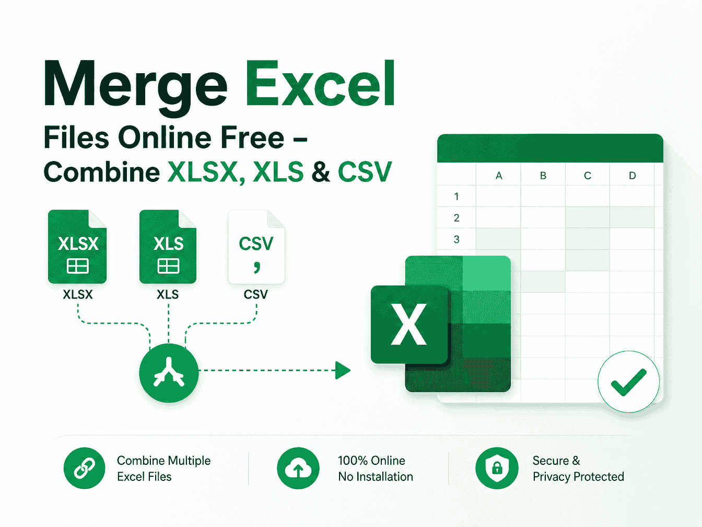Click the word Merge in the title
tap(136, 87)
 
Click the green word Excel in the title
tap(320, 83)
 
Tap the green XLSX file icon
tap(77, 247)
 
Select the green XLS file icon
tap(168, 247)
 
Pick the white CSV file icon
tap(256, 247)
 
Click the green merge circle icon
tap(169, 373)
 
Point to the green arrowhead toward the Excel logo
tap(343, 370)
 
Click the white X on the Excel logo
tap(409, 324)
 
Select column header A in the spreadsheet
tap(499, 175)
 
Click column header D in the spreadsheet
tap(633, 175)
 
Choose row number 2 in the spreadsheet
tap(457, 218)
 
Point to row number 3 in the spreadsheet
tap(457, 239)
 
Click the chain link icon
tap(85, 468)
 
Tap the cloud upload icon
tap(298, 468)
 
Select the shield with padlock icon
tap(497, 468)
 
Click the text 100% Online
tap(371, 461)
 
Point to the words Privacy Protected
tap(578, 477)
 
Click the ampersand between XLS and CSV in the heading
tap(321, 171)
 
